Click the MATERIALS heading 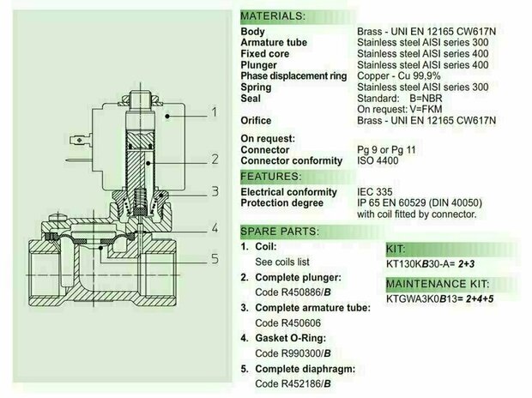273,16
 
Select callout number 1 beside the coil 215,112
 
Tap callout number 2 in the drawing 215,159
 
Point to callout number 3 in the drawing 215,191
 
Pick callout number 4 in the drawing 215,228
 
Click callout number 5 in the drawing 215,259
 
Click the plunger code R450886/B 293,292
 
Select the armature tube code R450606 287,323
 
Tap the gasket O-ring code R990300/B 293,353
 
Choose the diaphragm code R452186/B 293,383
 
